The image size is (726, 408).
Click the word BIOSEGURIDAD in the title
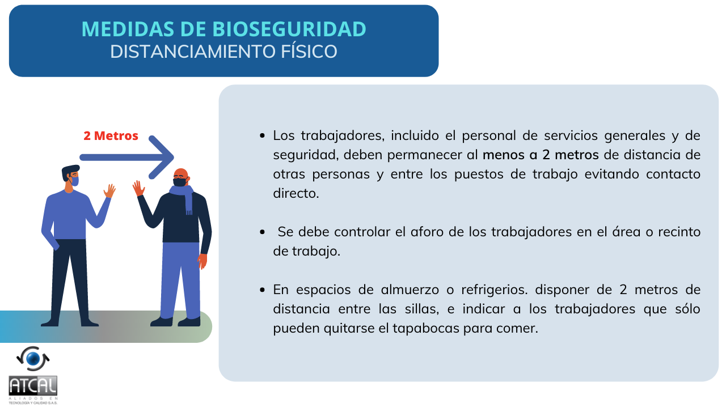[289, 29]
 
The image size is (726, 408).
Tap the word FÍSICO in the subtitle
[309, 52]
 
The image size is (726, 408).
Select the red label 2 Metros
[111, 135]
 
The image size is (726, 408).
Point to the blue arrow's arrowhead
[162, 158]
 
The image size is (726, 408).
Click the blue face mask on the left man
[75, 181]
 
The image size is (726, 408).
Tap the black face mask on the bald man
[180, 182]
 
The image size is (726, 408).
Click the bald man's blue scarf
[183, 197]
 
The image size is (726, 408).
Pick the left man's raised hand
[109, 191]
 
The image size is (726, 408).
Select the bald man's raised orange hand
[138, 188]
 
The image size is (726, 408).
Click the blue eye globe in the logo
[33, 359]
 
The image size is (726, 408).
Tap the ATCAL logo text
[33, 386]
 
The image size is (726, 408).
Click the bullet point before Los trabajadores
[262, 135]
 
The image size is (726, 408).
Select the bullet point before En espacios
[262, 290]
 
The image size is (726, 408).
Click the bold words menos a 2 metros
[541, 155]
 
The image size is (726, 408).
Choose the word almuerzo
[410, 290]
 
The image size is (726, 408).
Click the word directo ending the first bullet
[296, 193]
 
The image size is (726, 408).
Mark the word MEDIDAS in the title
[128, 29]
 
